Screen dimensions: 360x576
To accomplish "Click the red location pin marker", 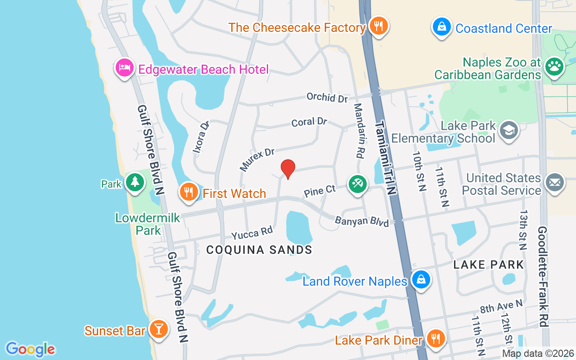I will (x=288, y=169).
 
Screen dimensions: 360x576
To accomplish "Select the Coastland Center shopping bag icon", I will (x=442, y=27).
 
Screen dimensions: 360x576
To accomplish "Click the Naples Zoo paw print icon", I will (x=554, y=67).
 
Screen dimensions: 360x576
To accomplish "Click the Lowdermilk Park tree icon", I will (x=135, y=182).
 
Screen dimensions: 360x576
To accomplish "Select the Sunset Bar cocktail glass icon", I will (x=158, y=329).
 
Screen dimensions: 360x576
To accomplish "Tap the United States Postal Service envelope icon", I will (x=554, y=183).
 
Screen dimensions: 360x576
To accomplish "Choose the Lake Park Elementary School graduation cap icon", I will (x=509, y=130).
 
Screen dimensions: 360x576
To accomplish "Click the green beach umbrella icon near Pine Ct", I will (x=358, y=184).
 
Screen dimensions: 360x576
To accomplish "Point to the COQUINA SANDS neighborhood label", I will (x=259, y=250).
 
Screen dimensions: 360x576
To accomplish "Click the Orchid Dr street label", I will (x=327, y=97).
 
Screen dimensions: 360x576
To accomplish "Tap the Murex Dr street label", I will (x=257, y=160).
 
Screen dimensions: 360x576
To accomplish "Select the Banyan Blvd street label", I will (x=362, y=221).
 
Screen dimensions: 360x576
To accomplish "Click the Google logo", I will (x=30, y=349).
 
